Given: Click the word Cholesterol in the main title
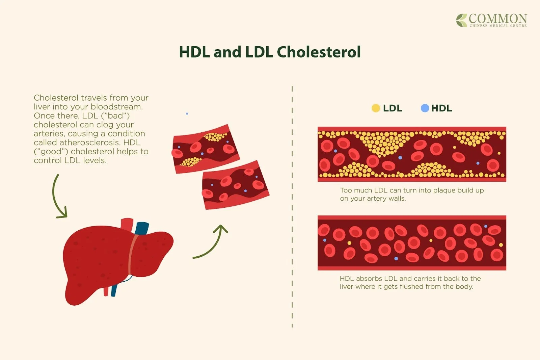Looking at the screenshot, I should point(319,52).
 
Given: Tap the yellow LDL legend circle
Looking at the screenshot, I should point(376,108).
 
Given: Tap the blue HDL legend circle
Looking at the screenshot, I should point(425,108).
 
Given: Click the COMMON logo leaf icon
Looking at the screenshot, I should point(461,20).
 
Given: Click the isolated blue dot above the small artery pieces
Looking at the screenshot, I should point(187,114).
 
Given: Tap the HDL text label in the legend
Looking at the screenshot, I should point(441,108).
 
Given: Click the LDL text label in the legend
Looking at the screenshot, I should point(392,108).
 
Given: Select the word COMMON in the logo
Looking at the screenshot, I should point(498,18).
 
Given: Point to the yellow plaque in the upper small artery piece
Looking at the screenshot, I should point(215,137).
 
